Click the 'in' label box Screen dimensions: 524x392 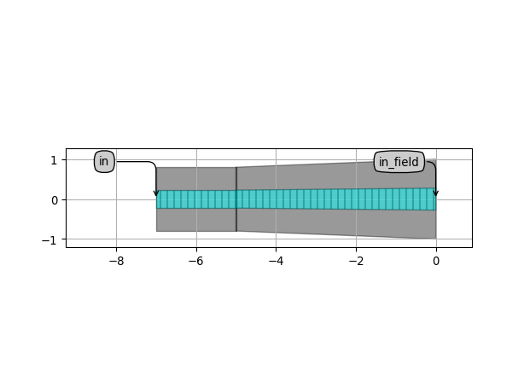coord(104,161)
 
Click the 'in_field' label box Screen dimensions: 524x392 coord(399,162)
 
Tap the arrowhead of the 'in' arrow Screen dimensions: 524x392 coord(156,193)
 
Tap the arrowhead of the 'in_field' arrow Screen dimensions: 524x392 coord(435,193)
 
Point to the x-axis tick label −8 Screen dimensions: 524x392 coord(116,262)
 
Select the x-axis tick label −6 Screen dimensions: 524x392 coord(196,262)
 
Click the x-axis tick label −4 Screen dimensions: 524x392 coord(276,262)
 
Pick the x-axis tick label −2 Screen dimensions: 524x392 coord(356,262)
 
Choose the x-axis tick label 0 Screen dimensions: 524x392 coord(436,262)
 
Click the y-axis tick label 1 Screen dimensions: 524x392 coord(54,160)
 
